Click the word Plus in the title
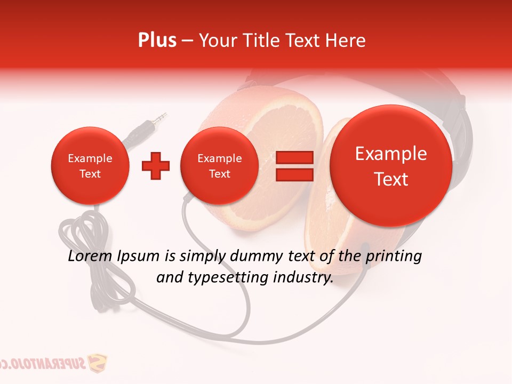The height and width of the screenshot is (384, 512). pos(157,41)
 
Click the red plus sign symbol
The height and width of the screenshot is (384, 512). pos(156,166)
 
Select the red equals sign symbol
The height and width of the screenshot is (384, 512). pos(294,166)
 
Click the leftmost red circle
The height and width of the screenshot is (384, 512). pos(90,166)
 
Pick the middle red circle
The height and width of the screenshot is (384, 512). pos(220,166)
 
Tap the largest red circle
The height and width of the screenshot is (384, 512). pos(391,166)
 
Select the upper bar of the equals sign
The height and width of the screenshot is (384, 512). pos(294,157)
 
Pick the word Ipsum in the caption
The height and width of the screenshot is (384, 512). pos(140,256)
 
